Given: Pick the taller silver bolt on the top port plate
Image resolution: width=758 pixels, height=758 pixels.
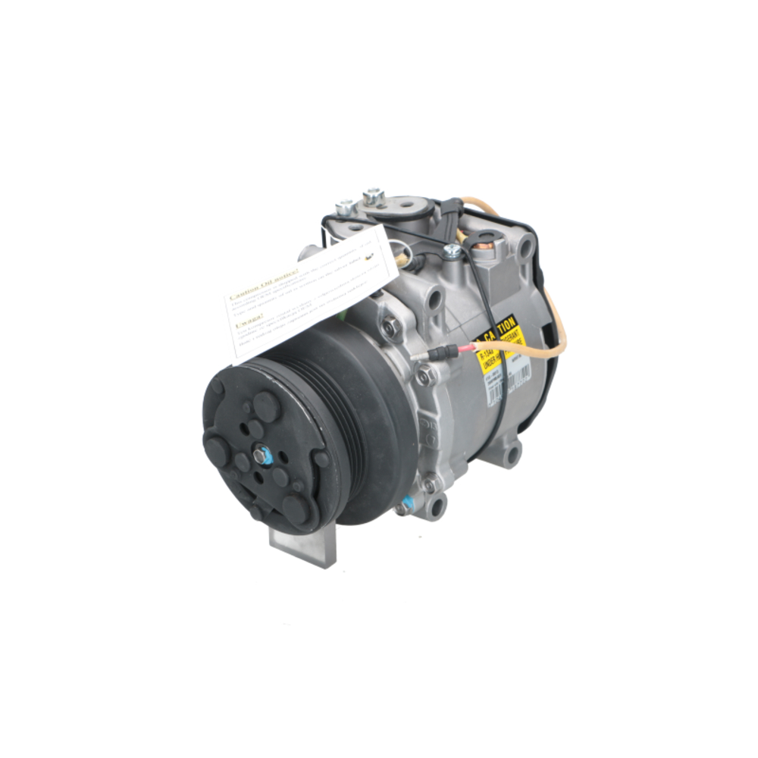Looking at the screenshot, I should point(372,196).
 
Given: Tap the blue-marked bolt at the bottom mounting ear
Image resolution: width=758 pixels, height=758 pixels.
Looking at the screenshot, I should point(409,503).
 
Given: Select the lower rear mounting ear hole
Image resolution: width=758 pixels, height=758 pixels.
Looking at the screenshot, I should point(513,455).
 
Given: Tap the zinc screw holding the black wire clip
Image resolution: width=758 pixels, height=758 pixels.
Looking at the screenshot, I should point(453,249).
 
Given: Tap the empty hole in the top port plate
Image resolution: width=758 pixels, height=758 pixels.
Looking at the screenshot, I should point(409,205).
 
